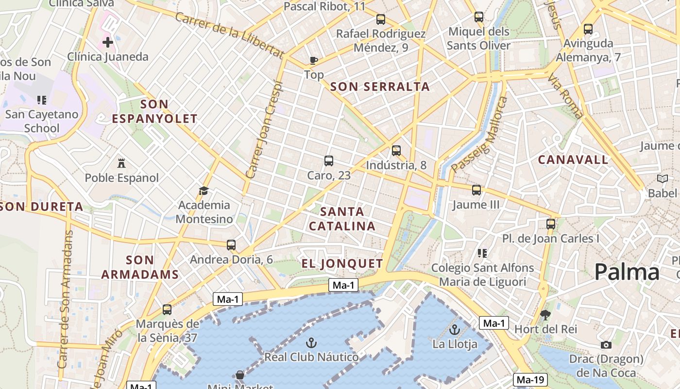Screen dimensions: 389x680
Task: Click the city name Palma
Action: [x=627, y=272]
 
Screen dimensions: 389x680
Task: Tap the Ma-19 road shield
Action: [x=530, y=380]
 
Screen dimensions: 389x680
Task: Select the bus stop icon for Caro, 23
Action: [x=329, y=161]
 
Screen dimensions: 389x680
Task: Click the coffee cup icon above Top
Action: [x=314, y=60]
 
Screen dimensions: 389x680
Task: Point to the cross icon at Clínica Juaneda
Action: [x=108, y=42]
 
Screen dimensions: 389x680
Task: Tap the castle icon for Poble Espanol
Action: [x=121, y=163]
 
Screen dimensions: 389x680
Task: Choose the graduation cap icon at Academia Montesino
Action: [x=204, y=191]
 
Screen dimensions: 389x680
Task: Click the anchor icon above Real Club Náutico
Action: [x=311, y=343]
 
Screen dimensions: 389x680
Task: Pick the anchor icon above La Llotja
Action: [x=455, y=330]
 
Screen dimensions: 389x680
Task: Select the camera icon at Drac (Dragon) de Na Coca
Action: [x=606, y=345]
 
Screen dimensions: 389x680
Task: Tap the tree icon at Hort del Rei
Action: [x=545, y=315]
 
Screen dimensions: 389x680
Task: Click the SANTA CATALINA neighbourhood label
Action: [x=342, y=219]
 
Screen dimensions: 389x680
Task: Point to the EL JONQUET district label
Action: [x=342, y=264]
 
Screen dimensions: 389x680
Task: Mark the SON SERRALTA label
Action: [x=380, y=87]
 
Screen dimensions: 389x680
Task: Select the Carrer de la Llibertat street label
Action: [x=229, y=35]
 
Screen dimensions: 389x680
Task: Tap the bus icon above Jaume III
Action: [x=476, y=190]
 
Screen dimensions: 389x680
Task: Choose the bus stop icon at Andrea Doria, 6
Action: [x=231, y=245]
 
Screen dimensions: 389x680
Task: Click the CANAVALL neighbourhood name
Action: [x=573, y=159]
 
